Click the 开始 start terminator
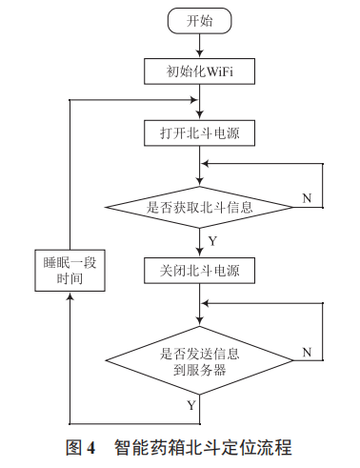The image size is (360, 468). coord(200,19)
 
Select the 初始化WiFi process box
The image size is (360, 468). coord(200,71)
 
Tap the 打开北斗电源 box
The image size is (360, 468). coord(200,133)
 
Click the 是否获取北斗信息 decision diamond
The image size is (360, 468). coord(200,206)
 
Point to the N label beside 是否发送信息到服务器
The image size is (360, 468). coord(307,353)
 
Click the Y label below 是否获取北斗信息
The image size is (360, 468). coord(211,240)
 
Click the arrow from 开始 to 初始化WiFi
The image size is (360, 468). coord(200,45)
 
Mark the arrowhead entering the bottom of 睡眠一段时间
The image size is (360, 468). coord(69,297)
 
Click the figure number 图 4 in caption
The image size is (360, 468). coord(81,446)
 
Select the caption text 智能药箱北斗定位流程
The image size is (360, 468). coord(202,446)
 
